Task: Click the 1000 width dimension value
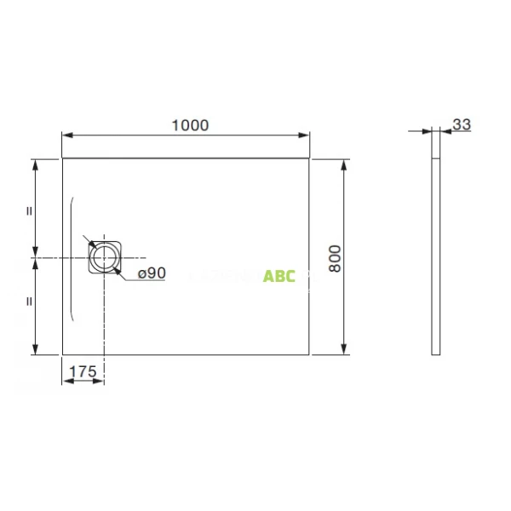pos(189,124)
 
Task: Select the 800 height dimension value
pos(335,257)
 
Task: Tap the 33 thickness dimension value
pos(462,124)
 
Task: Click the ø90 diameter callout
pos(151,273)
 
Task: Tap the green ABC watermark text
pos(279,276)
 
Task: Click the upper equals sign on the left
pos(29,210)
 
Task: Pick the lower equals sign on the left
pos(29,301)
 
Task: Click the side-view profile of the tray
pos(437,255)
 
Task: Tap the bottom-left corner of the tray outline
pos(63,354)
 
